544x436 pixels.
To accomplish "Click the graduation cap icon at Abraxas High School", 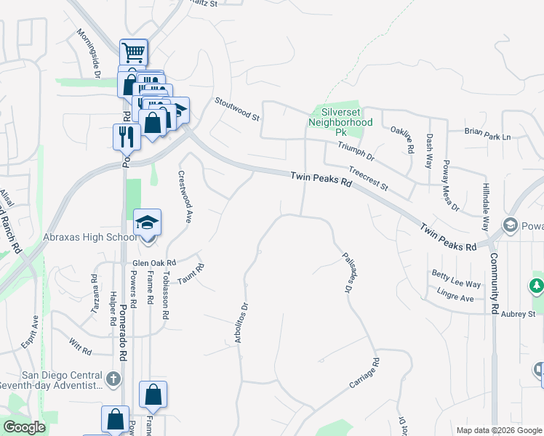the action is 147,223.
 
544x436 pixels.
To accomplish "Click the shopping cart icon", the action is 134,52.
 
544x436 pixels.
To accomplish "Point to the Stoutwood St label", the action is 237,109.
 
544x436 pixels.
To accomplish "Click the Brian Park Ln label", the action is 488,136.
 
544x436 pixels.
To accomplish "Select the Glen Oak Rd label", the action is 154,263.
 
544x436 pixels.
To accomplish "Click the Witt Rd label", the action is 81,351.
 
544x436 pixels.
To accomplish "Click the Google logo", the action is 24,427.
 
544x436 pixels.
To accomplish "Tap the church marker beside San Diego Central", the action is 113,379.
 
